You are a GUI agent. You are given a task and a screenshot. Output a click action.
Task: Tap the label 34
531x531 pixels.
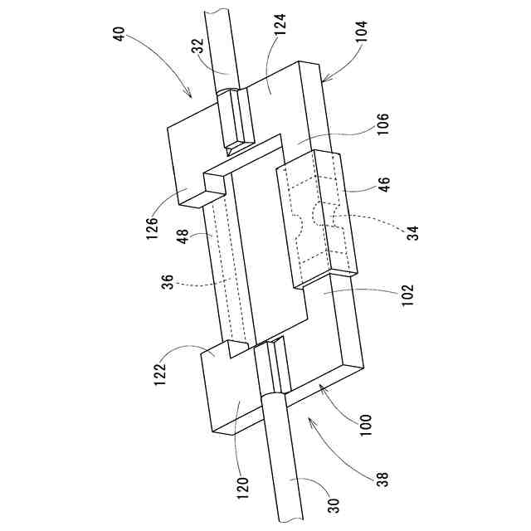(x=412, y=230)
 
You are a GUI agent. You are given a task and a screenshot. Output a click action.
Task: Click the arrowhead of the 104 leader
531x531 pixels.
(x=321, y=81)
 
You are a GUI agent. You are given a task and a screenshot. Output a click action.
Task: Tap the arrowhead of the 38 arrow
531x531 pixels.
(x=309, y=421)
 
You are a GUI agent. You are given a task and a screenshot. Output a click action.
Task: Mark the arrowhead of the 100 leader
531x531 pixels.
(x=318, y=388)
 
